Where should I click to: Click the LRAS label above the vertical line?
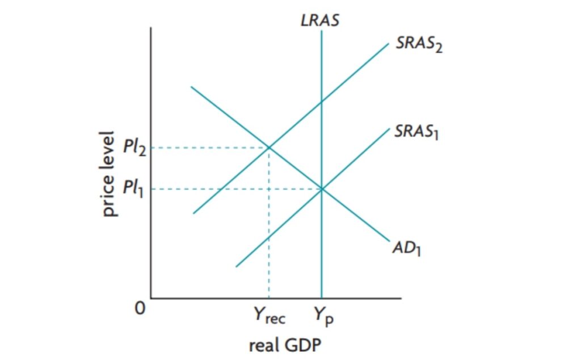[321, 22]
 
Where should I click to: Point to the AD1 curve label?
[406, 249]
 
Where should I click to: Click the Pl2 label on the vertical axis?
[134, 148]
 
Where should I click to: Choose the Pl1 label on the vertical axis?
[134, 188]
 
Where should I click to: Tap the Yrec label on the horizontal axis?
[269, 317]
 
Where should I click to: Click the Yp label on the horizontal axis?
[324, 317]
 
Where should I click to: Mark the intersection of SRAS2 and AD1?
[269, 148]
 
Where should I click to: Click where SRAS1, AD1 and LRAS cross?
[322, 188]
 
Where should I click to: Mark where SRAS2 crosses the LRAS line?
[322, 102]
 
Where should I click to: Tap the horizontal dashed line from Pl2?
[210, 148]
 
